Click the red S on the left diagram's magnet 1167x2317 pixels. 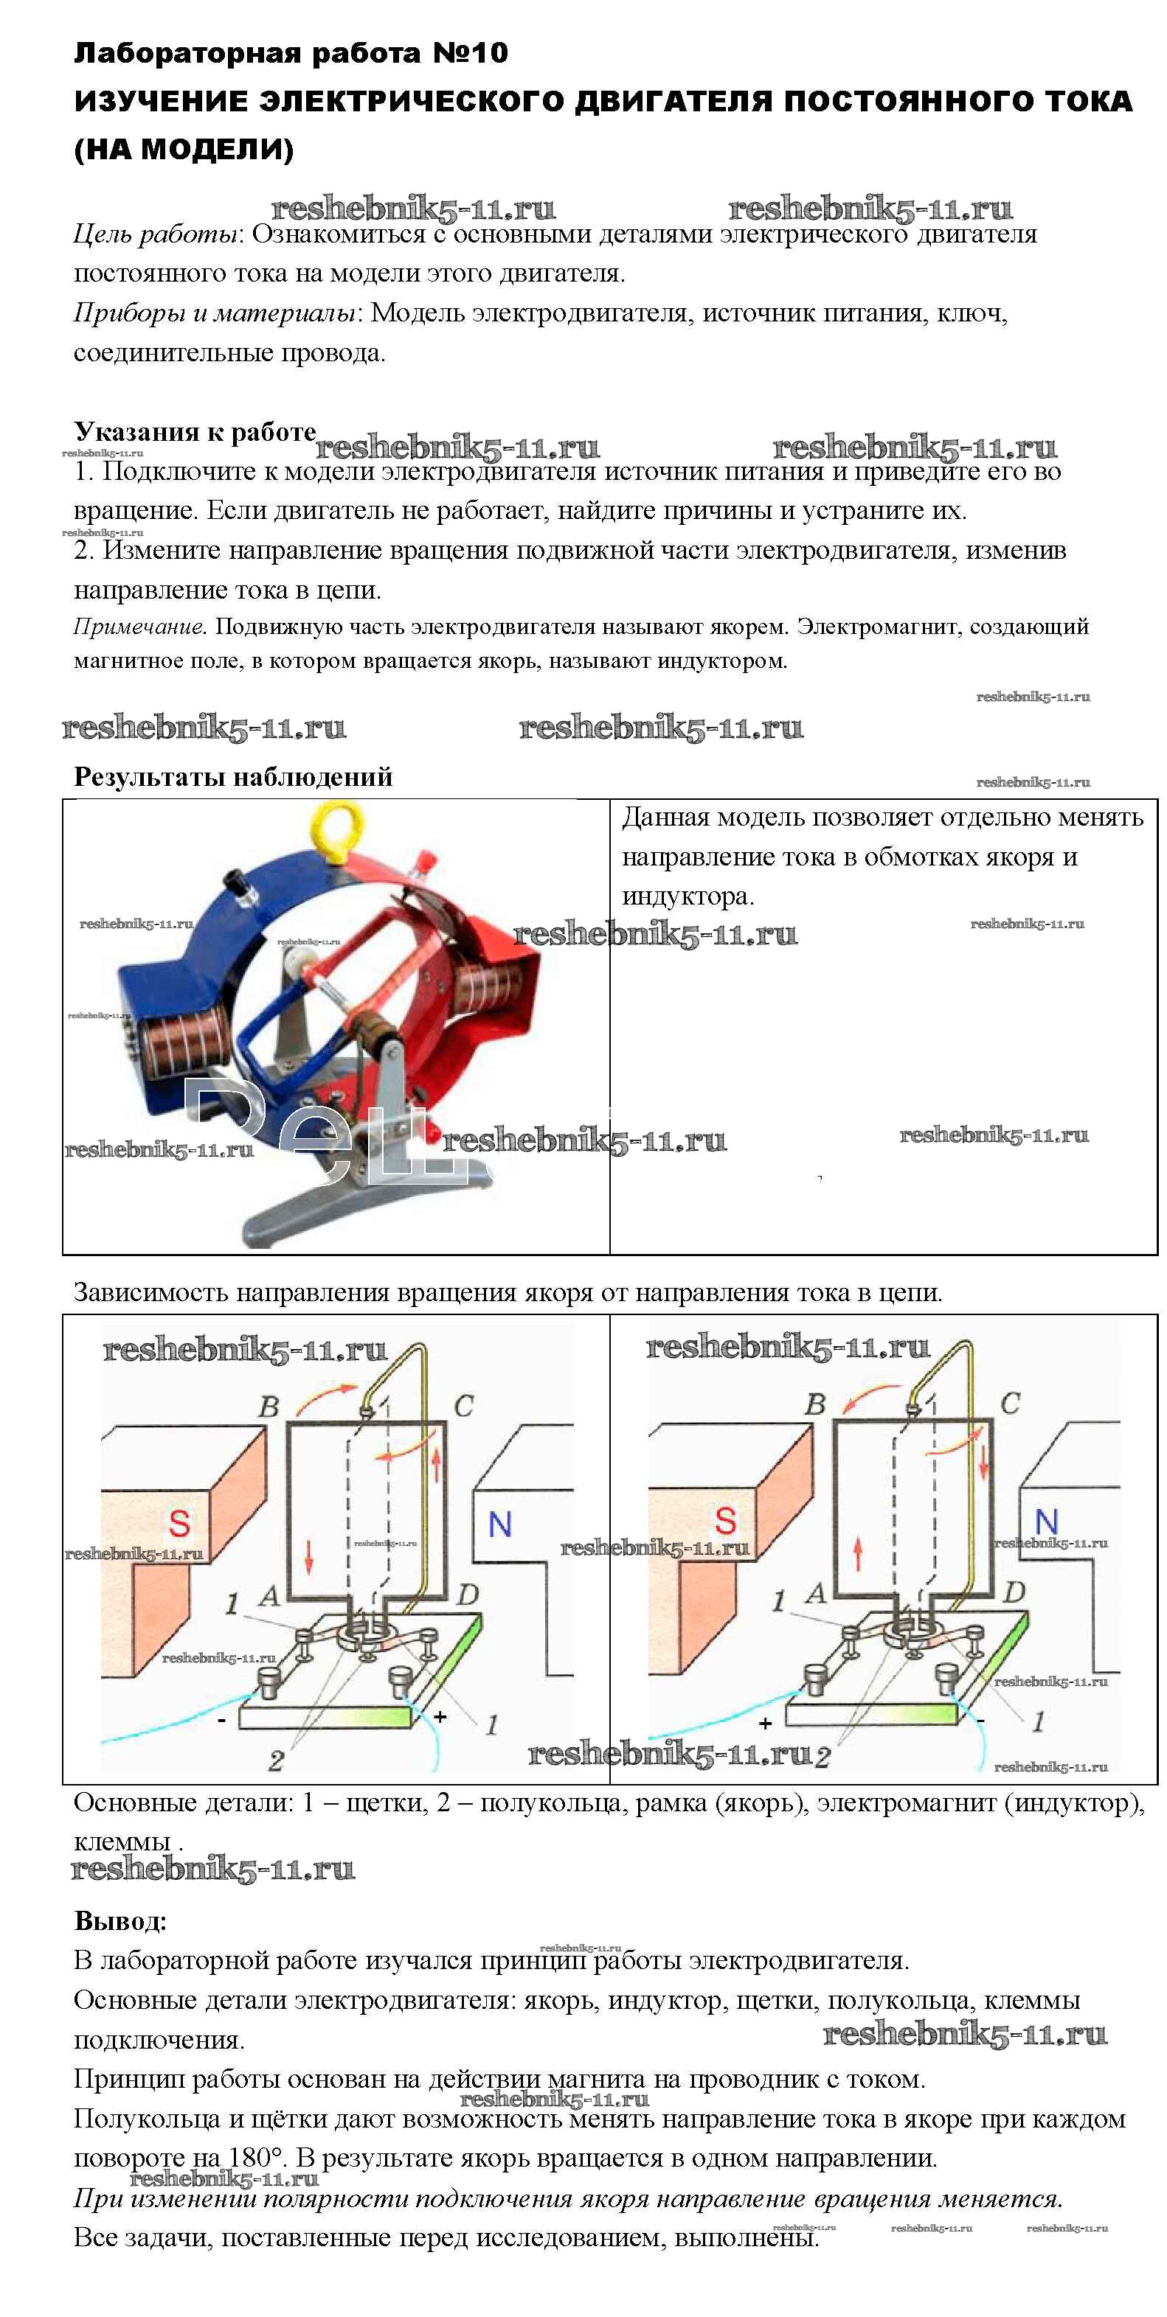pyautogui.click(x=179, y=1524)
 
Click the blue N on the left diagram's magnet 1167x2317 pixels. pyautogui.click(x=499, y=1525)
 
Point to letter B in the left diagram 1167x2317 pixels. pyautogui.click(x=268, y=1407)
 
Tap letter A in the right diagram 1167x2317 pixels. pyautogui.click(x=815, y=1594)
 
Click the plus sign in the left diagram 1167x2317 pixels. pyautogui.click(x=440, y=1716)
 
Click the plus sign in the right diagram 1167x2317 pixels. pyautogui.click(x=765, y=1724)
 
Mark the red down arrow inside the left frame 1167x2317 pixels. pyautogui.click(x=308, y=1557)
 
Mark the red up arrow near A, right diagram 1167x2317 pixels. pyautogui.click(x=857, y=1553)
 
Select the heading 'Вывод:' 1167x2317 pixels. pyautogui.click(x=120, y=1920)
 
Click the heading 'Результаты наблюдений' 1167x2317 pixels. pyautogui.click(x=233, y=776)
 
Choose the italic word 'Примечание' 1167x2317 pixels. pyautogui.click(x=139, y=626)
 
